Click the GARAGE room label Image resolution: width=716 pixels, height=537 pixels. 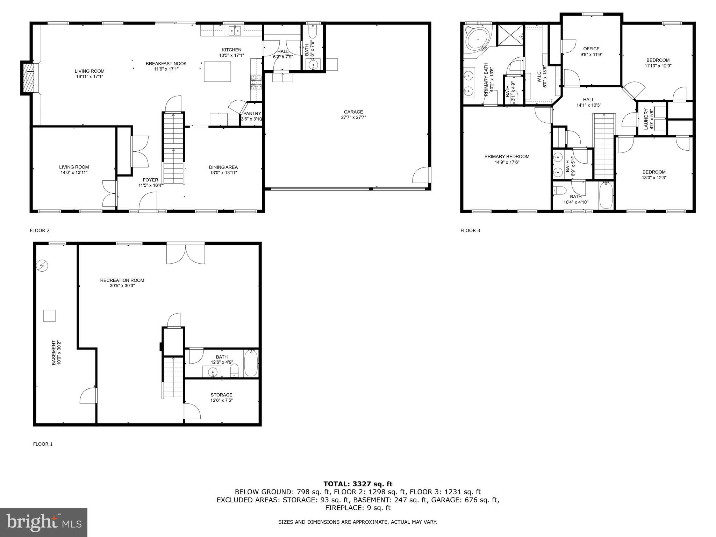353,112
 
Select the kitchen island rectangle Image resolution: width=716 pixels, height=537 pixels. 217,72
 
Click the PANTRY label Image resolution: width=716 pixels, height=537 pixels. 252,114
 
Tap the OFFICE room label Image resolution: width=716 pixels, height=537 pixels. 591,49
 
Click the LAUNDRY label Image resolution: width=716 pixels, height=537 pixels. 646,119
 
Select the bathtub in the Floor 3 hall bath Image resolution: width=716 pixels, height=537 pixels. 606,195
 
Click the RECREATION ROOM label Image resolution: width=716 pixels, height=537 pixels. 122,280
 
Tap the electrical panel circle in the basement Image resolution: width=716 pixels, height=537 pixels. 42,266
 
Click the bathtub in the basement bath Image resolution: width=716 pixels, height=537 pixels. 251,364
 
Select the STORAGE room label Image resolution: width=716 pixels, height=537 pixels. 221,395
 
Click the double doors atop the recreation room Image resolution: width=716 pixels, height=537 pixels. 185,253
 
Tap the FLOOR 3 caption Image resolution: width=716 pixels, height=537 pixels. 470,230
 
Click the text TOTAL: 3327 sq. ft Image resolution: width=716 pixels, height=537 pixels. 358,484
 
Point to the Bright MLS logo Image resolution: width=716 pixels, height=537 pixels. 44,522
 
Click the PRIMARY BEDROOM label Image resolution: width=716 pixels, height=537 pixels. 507,157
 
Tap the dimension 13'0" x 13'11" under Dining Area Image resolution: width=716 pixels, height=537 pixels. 223,173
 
